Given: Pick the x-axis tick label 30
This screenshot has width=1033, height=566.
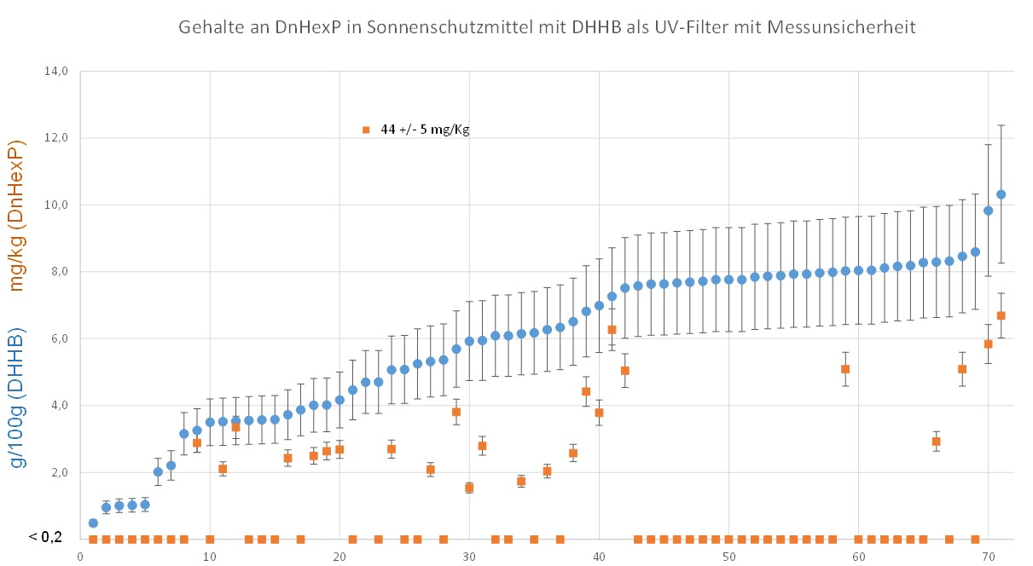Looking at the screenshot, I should pyautogui.click(x=468, y=557).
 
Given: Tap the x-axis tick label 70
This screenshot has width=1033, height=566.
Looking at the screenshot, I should pyautogui.click(x=988, y=557).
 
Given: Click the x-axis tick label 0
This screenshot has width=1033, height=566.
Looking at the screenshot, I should pyautogui.click(x=79, y=557).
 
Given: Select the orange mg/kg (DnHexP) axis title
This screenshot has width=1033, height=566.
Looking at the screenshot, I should pyautogui.click(x=17, y=215).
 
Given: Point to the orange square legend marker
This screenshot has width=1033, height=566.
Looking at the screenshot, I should pyautogui.click(x=365, y=130).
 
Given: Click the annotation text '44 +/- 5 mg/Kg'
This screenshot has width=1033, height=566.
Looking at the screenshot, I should pyautogui.click(x=426, y=130).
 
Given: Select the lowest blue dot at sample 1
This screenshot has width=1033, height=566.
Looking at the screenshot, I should pyautogui.click(x=93, y=523).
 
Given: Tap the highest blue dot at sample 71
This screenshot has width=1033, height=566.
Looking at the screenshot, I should pyautogui.click(x=1001, y=194).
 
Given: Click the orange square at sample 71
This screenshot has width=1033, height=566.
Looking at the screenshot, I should pyautogui.click(x=1001, y=315).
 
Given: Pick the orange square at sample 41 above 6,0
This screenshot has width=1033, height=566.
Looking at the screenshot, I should pyautogui.click(x=612, y=329).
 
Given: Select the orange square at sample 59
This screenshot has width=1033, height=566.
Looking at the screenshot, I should pyautogui.click(x=845, y=369).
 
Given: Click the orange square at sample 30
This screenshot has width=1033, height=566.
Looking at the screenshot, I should pyautogui.click(x=469, y=488).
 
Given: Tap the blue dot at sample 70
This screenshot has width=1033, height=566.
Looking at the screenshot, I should pyautogui.click(x=988, y=211).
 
